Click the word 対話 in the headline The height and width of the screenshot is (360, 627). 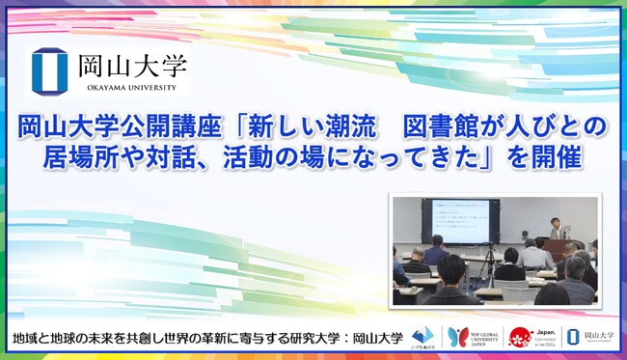pyautogui.click(x=200, y=156)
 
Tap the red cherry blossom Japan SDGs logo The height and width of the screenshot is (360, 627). pyautogui.click(x=519, y=337)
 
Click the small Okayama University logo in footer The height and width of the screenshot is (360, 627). pyautogui.click(x=590, y=337)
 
